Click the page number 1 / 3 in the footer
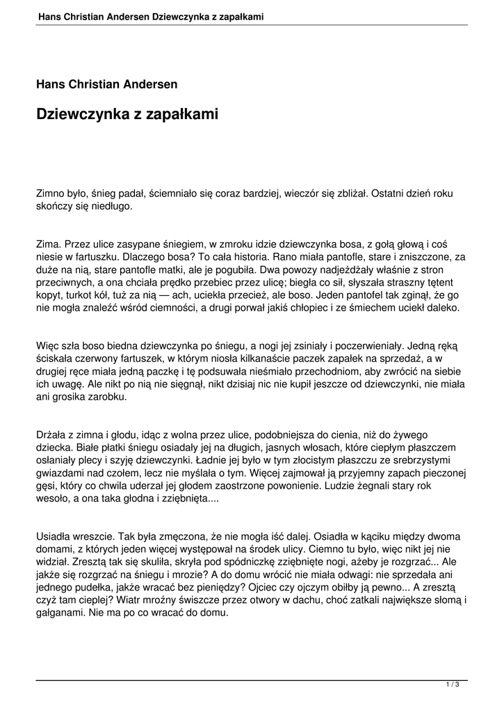pyautogui.click(x=453, y=685)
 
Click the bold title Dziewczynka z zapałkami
pyautogui.click(x=127, y=114)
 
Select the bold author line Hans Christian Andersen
pyautogui.click(x=106, y=84)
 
